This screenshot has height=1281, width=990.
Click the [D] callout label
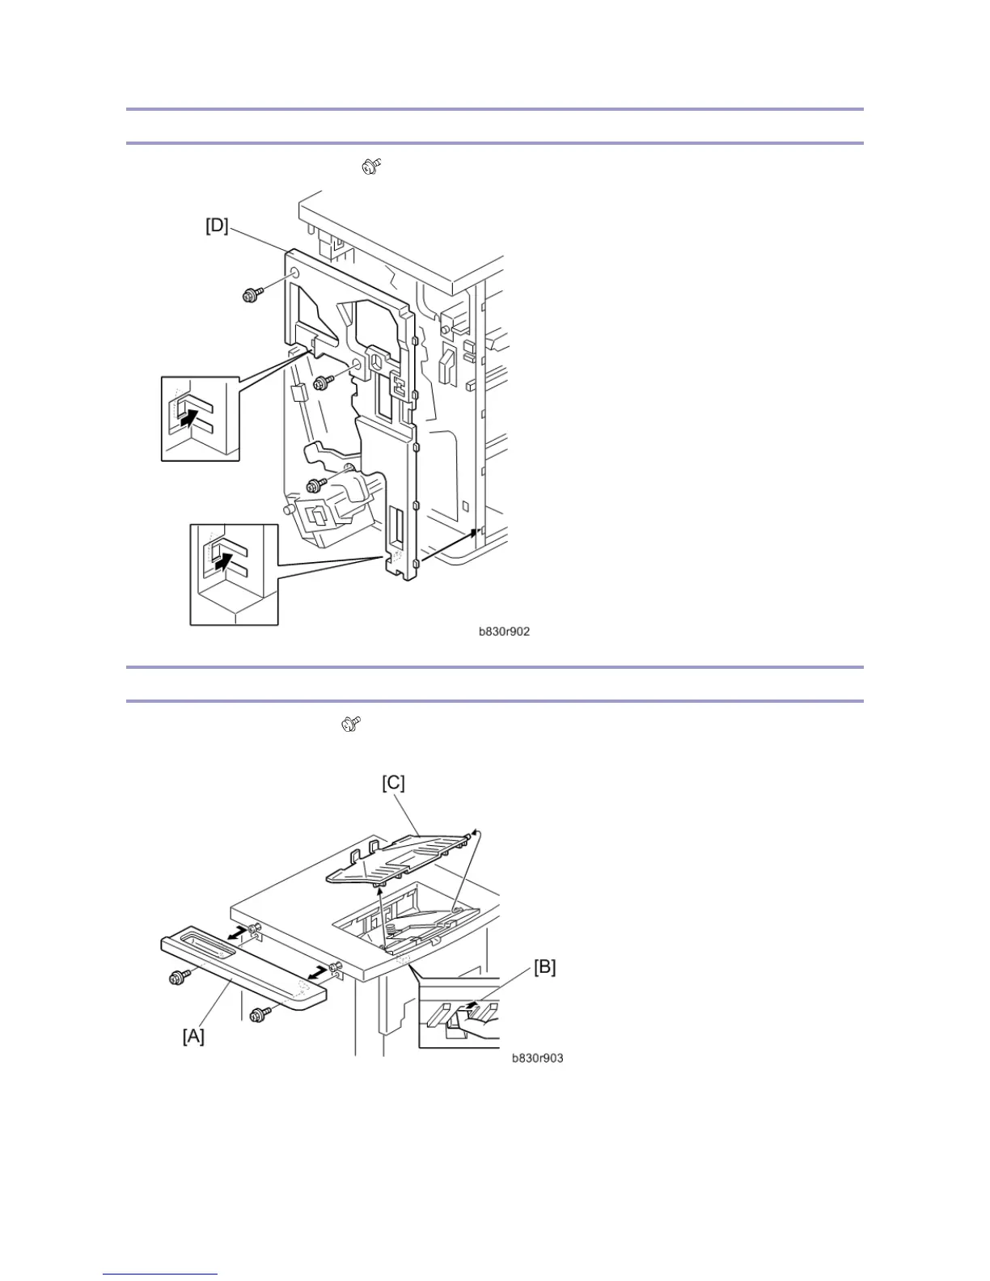(217, 226)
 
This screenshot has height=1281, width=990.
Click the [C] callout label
(393, 783)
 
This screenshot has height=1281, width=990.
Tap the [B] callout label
(544, 966)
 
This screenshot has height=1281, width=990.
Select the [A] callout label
(193, 1035)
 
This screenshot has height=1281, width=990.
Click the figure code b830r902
(504, 632)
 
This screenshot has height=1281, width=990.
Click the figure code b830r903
(537, 1058)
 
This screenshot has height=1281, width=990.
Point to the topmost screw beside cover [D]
(252, 296)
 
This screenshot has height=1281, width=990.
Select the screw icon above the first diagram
(372, 167)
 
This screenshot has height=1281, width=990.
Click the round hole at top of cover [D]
(294, 273)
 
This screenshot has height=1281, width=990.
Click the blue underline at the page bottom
(160, 1275)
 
